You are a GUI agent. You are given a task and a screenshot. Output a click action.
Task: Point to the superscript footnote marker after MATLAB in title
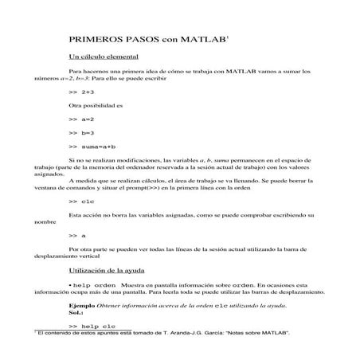229,34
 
